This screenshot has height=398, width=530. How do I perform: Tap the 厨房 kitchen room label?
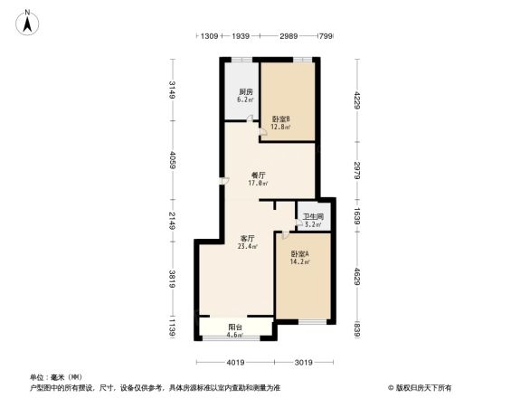click(245, 92)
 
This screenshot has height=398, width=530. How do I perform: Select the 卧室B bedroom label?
click(280, 118)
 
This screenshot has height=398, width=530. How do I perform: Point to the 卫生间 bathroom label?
click(313, 216)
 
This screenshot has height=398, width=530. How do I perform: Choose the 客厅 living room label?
click(247, 238)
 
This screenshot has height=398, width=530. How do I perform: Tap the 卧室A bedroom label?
click(300, 254)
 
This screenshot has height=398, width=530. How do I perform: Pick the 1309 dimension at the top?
click(209, 35)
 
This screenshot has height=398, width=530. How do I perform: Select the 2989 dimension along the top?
click(289, 35)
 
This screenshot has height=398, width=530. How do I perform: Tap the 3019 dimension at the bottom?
click(303, 363)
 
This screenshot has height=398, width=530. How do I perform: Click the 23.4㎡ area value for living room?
click(247, 246)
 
